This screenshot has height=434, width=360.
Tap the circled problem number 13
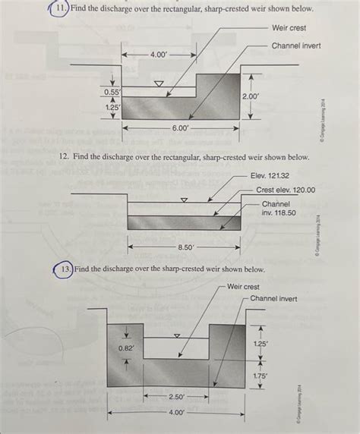click(63, 269)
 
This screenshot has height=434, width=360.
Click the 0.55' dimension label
click(112, 92)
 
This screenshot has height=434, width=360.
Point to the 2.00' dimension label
click(251, 96)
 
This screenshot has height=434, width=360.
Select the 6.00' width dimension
click(180, 129)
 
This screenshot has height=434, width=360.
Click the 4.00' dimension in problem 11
click(159, 55)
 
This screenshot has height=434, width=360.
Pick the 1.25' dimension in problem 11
click(112, 108)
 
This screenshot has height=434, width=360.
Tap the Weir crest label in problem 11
click(289, 28)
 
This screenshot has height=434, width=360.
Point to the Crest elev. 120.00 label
click(285, 190)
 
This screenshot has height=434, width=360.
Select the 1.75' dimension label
click(261, 375)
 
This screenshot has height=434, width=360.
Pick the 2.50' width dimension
click(176, 397)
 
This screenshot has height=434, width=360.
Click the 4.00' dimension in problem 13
click(175, 414)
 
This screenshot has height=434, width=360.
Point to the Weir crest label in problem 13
click(243, 288)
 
